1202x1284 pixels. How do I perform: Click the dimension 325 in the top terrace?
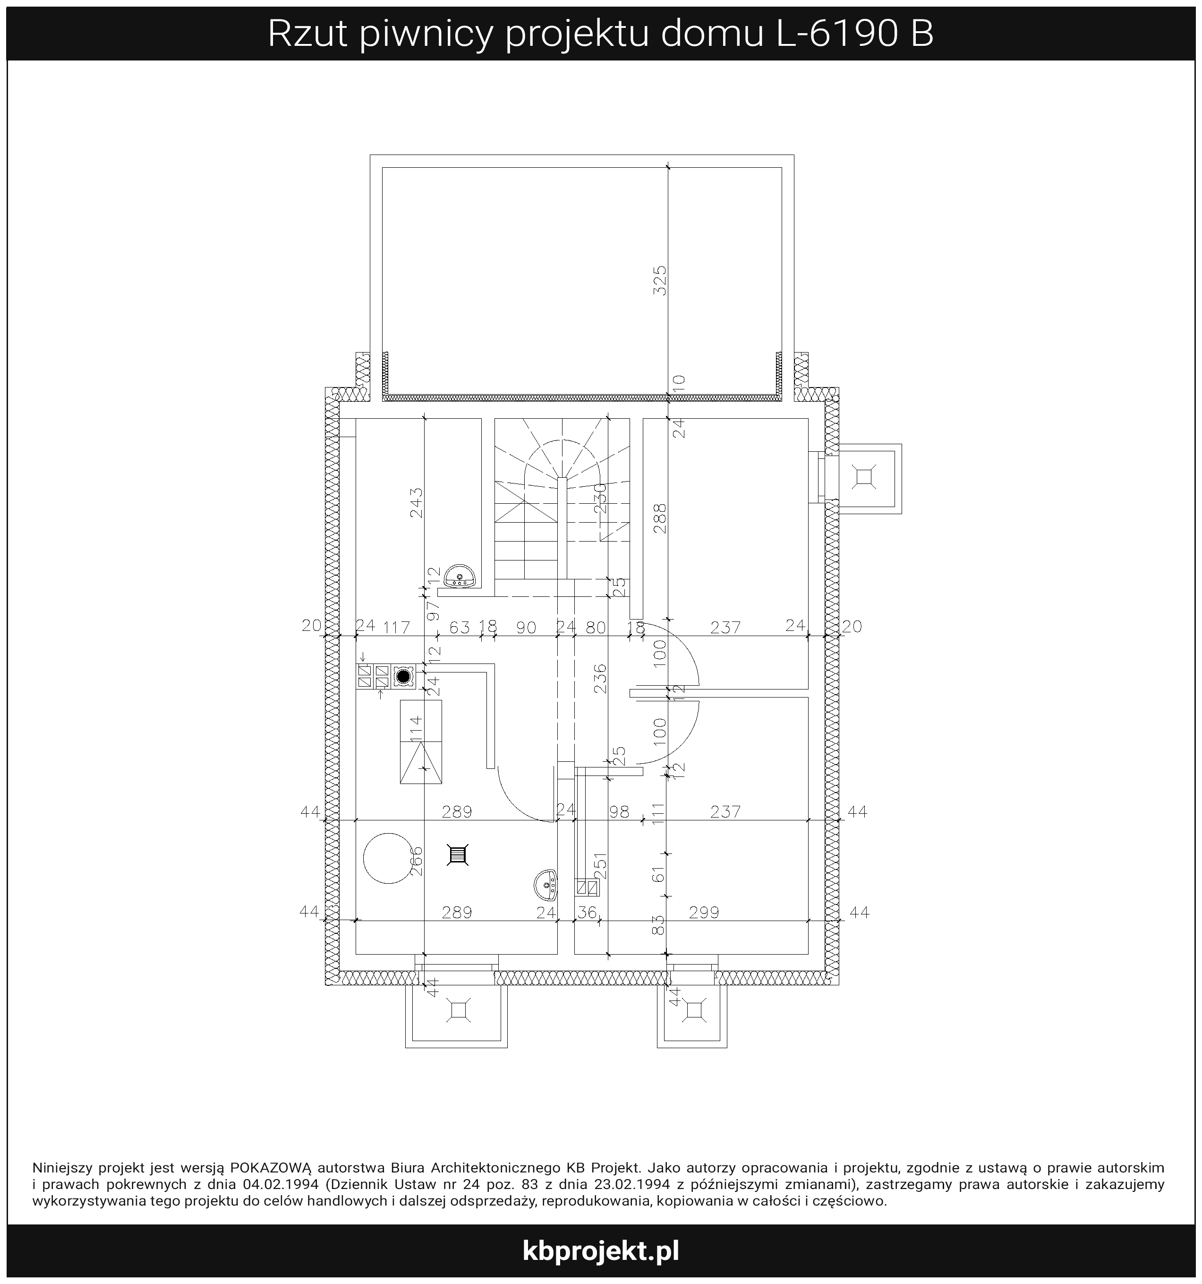(x=659, y=280)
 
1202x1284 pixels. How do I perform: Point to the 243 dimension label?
(x=417, y=502)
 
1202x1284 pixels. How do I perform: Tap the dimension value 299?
(x=704, y=913)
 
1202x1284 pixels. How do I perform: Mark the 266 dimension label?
(x=417, y=862)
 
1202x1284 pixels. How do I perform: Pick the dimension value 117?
(x=396, y=627)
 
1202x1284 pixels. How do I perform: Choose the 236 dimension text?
(x=600, y=678)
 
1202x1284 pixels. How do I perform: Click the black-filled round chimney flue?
(x=403, y=677)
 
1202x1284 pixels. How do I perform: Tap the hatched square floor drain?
(x=458, y=855)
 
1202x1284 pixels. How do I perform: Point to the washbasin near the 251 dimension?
(x=546, y=885)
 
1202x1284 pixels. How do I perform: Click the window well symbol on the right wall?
(x=864, y=477)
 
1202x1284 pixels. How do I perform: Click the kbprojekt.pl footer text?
(x=601, y=1250)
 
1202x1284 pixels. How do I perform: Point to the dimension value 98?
(x=619, y=812)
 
